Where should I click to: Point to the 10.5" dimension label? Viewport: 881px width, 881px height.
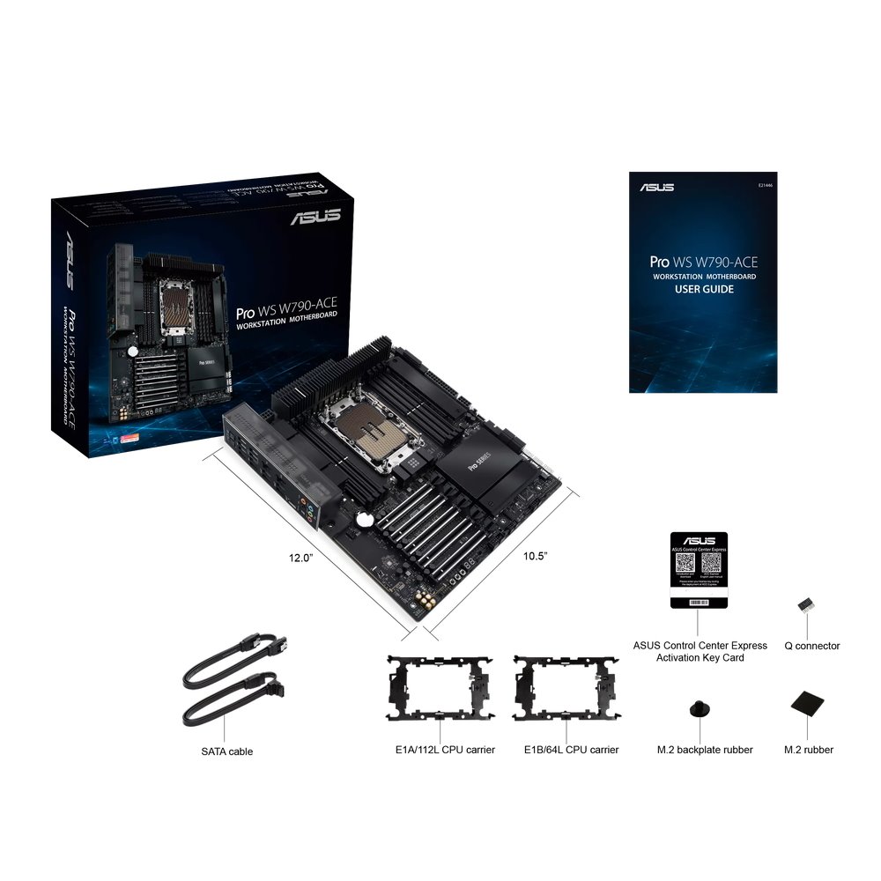click(536, 556)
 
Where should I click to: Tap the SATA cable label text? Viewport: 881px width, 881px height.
click(226, 751)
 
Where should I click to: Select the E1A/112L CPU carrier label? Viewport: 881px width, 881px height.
click(445, 750)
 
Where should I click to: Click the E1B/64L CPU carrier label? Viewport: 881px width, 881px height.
click(571, 750)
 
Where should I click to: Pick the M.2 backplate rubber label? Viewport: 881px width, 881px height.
click(705, 750)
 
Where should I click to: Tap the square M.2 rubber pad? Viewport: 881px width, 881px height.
click(808, 703)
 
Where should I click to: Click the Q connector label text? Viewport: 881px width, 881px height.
click(812, 646)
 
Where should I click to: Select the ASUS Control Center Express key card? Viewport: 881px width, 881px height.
click(699, 569)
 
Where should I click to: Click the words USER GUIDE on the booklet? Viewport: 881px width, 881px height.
click(704, 289)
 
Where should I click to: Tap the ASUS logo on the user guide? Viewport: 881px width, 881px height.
click(657, 187)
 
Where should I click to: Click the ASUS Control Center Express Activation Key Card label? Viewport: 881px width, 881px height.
click(700, 651)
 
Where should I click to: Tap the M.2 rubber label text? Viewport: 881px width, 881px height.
click(809, 750)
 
